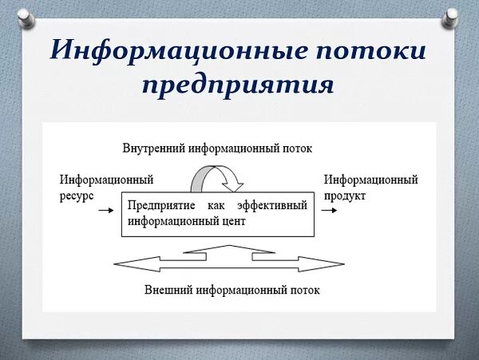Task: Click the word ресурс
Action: (77, 195)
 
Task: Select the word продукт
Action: (345, 195)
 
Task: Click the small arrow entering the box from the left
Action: (104, 211)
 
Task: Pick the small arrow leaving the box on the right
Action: (328, 211)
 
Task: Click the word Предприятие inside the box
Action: (158, 206)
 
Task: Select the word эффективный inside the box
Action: (273, 206)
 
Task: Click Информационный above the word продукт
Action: (371, 180)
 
